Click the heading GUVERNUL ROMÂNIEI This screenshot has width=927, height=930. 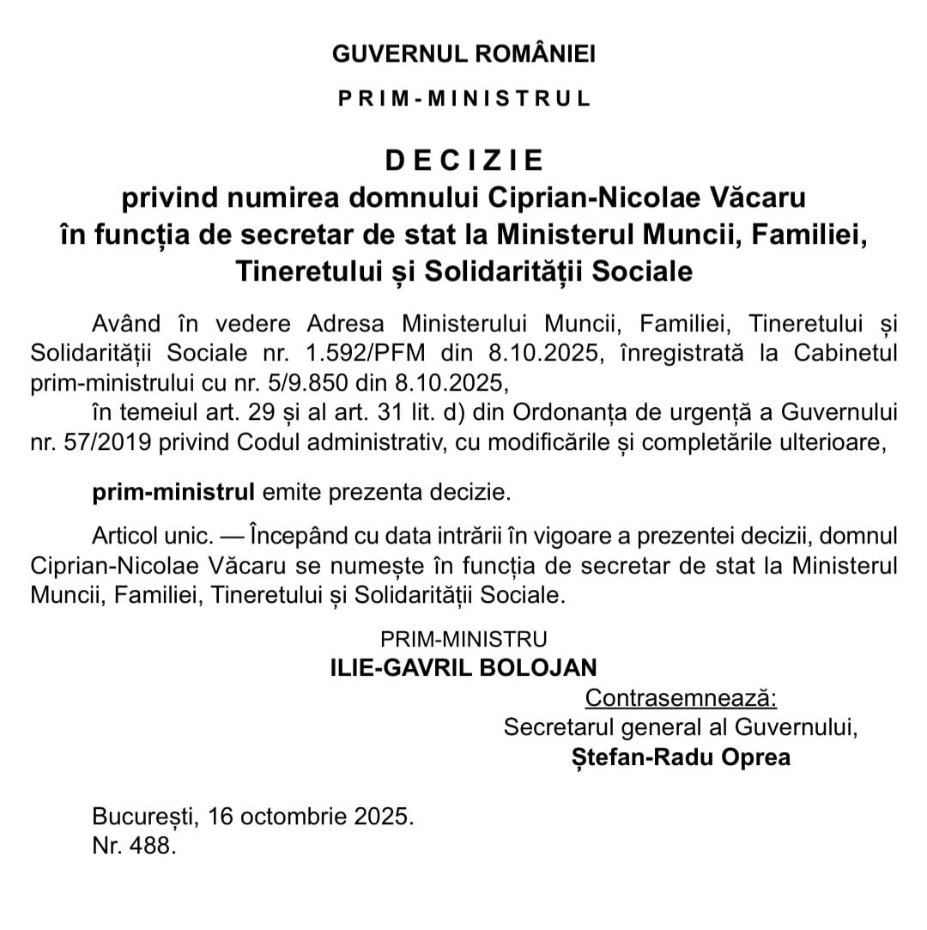pyautogui.click(x=463, y=54)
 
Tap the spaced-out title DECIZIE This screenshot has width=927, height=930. pyautogui.click(x=463, y=161)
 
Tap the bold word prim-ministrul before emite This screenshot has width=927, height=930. pyautogui.click(x=173, y=492)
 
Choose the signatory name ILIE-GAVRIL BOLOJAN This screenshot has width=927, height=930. pyautogui.click(x=463, y=668)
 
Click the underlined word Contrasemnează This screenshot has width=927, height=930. pyautogui.click(x=681, y=697)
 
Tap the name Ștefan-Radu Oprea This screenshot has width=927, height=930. pyautogui.click(x=681, y=757)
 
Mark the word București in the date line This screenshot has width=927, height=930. pyautogui.click(x=145, y=816)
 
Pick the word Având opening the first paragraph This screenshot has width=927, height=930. pyautogui.click(x=126, y=324)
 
